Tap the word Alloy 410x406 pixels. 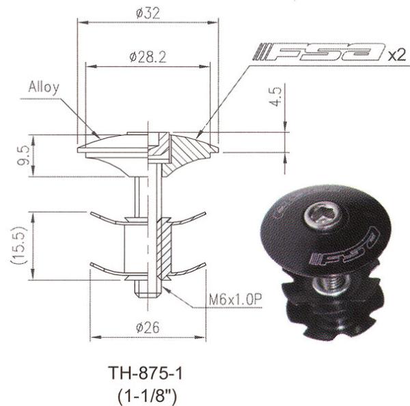(44, 87)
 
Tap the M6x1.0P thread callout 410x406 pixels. (236, 300)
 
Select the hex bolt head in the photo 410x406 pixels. (321, 219)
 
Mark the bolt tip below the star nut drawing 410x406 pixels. (148, 289)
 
